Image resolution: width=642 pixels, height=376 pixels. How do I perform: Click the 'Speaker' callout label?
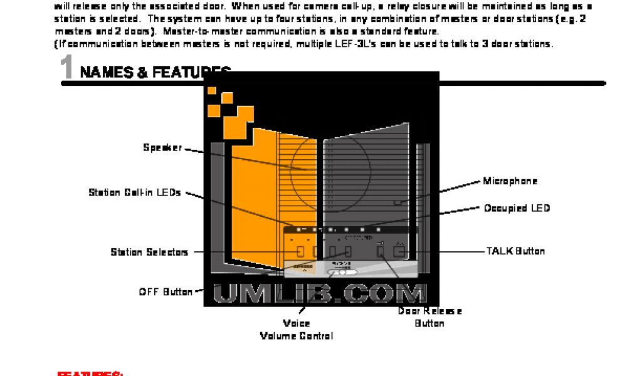(x=162, y=148)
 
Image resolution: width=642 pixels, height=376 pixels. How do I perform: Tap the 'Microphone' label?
(x=510, y=181)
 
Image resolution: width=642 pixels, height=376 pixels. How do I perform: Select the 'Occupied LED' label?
(x=517, y=208)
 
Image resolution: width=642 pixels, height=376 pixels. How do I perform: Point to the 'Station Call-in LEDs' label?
(x=135, y=192)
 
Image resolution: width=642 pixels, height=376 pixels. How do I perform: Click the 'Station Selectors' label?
(x=149, y=252)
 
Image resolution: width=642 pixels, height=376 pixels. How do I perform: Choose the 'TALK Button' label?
(x=515, y=251)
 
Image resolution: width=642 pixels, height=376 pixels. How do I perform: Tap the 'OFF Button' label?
(x=166, y=292)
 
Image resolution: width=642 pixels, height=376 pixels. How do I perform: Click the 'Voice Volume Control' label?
(x=296, y=330)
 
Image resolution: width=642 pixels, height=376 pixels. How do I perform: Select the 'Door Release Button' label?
(x=429, y=317)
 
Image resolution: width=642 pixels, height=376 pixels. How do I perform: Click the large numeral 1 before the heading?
(x=68, y=68)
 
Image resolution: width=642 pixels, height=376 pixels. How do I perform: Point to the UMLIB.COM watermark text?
(x=320, y=293)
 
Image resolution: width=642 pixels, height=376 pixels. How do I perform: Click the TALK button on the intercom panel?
(x=398, y=251)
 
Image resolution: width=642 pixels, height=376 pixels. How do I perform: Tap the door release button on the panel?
(x=381, y=251)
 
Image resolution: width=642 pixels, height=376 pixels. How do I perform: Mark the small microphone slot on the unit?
(x=397, y=203)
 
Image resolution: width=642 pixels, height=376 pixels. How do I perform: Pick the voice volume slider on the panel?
(x=342, y=273)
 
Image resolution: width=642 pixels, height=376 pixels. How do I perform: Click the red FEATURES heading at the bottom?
(x=90, y=373)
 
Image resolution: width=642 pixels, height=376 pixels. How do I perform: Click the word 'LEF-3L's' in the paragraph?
(x=377, y=44)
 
